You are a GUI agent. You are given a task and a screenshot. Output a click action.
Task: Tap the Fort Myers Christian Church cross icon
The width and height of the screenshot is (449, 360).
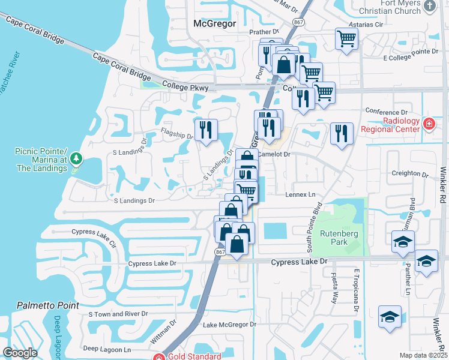(x=429, y=6)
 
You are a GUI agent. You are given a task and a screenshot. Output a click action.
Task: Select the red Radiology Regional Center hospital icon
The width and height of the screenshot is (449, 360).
(x=429, y=124)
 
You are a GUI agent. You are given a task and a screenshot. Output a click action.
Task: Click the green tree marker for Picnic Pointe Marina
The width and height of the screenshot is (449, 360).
(x=76, y=158)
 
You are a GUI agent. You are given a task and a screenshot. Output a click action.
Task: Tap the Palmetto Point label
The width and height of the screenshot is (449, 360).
(x=47, y=305)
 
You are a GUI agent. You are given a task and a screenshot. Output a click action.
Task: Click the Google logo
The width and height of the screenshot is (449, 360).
(x=20, y=353)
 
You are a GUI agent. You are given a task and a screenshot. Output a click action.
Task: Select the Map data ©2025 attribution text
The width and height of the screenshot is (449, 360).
(x=423, y=355)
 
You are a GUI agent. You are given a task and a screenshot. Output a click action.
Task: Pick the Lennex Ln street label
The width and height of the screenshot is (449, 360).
(x=303, y=195)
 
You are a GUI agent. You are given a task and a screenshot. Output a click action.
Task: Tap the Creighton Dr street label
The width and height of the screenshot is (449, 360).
(x=409, y=173)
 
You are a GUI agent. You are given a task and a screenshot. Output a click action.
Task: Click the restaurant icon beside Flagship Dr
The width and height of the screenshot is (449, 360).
(x=206, y=129)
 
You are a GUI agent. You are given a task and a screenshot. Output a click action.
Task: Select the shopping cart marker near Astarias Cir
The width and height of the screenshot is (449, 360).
(x=346, y=38)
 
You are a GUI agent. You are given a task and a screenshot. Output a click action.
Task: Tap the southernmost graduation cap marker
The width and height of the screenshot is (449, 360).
(x=390, y=316)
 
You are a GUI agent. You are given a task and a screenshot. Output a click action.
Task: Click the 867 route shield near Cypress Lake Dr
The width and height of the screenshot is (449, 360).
(x=220, y=253)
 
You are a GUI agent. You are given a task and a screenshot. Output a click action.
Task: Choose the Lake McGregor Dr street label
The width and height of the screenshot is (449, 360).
(x=229, y=325)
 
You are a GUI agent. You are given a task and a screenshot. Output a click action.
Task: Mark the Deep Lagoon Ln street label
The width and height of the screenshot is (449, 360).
(x=107, y=349)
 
